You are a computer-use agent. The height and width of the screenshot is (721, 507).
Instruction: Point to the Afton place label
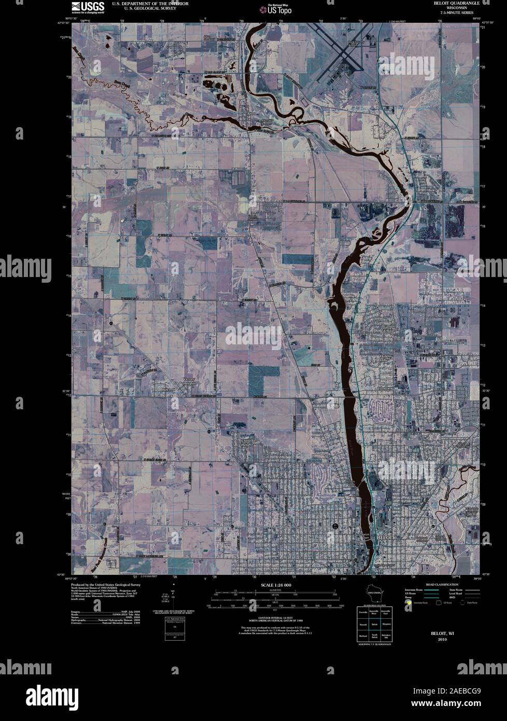point(252,113)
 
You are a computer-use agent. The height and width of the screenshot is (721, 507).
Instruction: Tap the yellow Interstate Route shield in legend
point(409,603)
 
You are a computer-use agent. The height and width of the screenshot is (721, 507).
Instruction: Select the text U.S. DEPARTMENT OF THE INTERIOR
point(150,3)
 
